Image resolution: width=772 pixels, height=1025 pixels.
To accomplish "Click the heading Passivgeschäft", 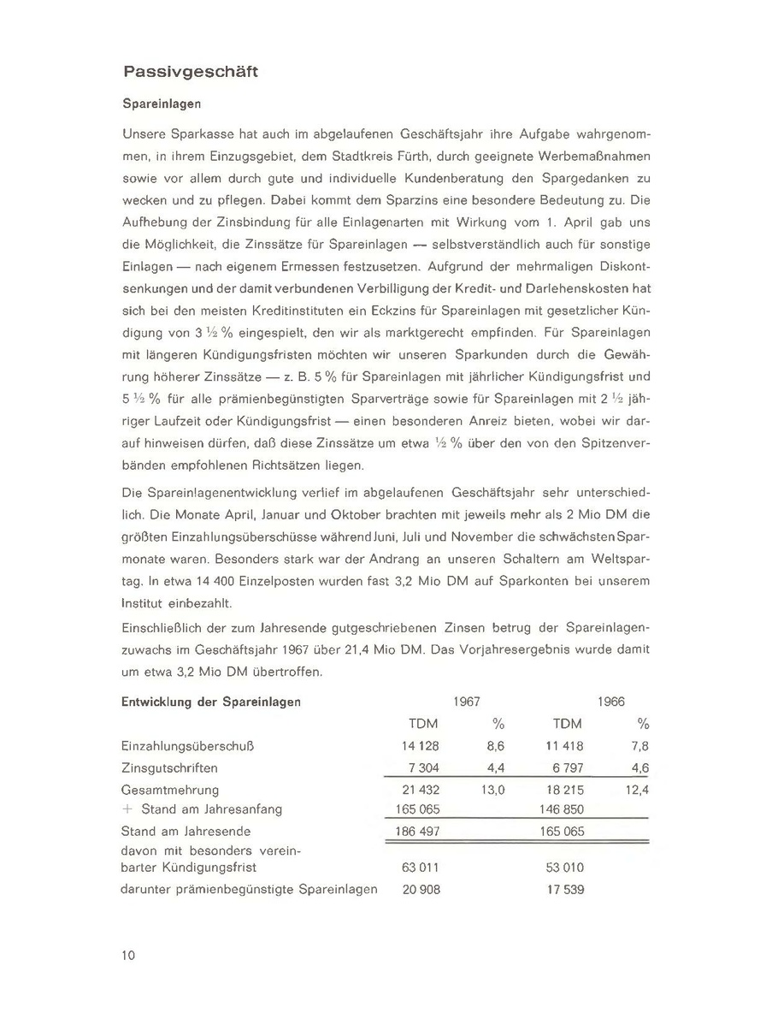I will (190, 72).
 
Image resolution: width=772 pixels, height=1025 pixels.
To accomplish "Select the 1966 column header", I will (611, 702).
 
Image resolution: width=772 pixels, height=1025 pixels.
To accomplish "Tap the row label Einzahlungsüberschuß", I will (189, 746).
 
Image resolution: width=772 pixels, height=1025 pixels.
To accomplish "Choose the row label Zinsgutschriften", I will (169, 768).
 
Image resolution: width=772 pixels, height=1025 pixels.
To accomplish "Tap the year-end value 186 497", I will (417, 831).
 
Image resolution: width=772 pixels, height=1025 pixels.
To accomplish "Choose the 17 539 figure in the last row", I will (564, 890).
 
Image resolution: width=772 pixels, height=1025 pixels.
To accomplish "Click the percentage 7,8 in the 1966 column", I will (639, 746).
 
